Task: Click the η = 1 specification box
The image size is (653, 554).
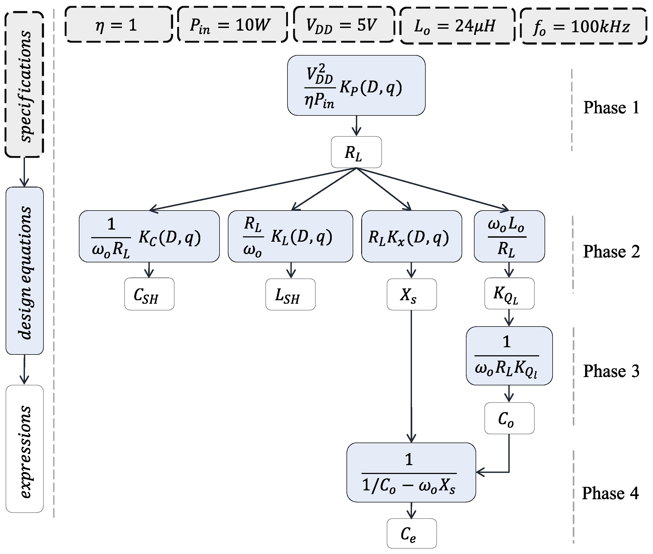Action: click(x=119, y=24)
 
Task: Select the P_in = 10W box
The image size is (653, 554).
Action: click(x=232, y=24)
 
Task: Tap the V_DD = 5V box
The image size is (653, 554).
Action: click(x=344, y=24)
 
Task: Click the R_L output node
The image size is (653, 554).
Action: click(x=356, y=152)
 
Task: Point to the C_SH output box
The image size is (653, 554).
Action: click(x=149, y=294)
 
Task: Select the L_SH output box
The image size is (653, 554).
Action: click(x=290, y=295)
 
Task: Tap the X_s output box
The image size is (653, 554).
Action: click(x=411, y=295)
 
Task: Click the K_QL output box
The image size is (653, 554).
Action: click(x=509, y=294)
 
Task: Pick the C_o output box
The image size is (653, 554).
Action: click(x=509, y=418)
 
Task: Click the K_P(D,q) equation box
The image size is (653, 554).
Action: click(x=356, y=85)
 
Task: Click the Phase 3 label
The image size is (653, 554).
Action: click(x=611, y=371)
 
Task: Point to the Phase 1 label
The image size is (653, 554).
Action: click(x=611, y=108)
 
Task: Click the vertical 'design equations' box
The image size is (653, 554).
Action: click(x=24, y=271)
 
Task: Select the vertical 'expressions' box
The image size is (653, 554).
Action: click(x=24, y=449)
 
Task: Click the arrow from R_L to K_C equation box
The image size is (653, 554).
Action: click(x=251, y=189)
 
